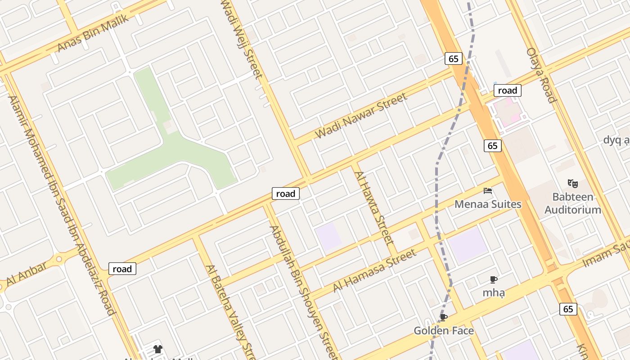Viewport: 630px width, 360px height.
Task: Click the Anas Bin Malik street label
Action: [x=93, y=33]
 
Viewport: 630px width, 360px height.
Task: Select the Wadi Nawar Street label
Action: [x=361, y=116]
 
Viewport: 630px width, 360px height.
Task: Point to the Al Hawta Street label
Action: [x=374, y=207]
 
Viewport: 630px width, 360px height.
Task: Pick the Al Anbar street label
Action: [x=26, y=274]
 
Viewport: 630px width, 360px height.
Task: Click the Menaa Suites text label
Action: [x=488, y=204]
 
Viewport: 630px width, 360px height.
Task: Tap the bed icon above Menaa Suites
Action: [x=488, y=191]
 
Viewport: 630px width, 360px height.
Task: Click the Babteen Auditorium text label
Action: [x=573, y=203]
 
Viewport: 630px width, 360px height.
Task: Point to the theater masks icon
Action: [x=572, y=183]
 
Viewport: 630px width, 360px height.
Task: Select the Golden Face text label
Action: [x=444, y=331]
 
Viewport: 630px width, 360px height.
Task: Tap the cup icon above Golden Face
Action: [x=444, y=318]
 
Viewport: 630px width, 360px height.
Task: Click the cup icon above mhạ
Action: [x=494, y=279]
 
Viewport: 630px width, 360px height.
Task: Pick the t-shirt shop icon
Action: [x=157, y=349]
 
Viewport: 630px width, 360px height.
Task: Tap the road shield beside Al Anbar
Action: [x=122, y=269]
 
